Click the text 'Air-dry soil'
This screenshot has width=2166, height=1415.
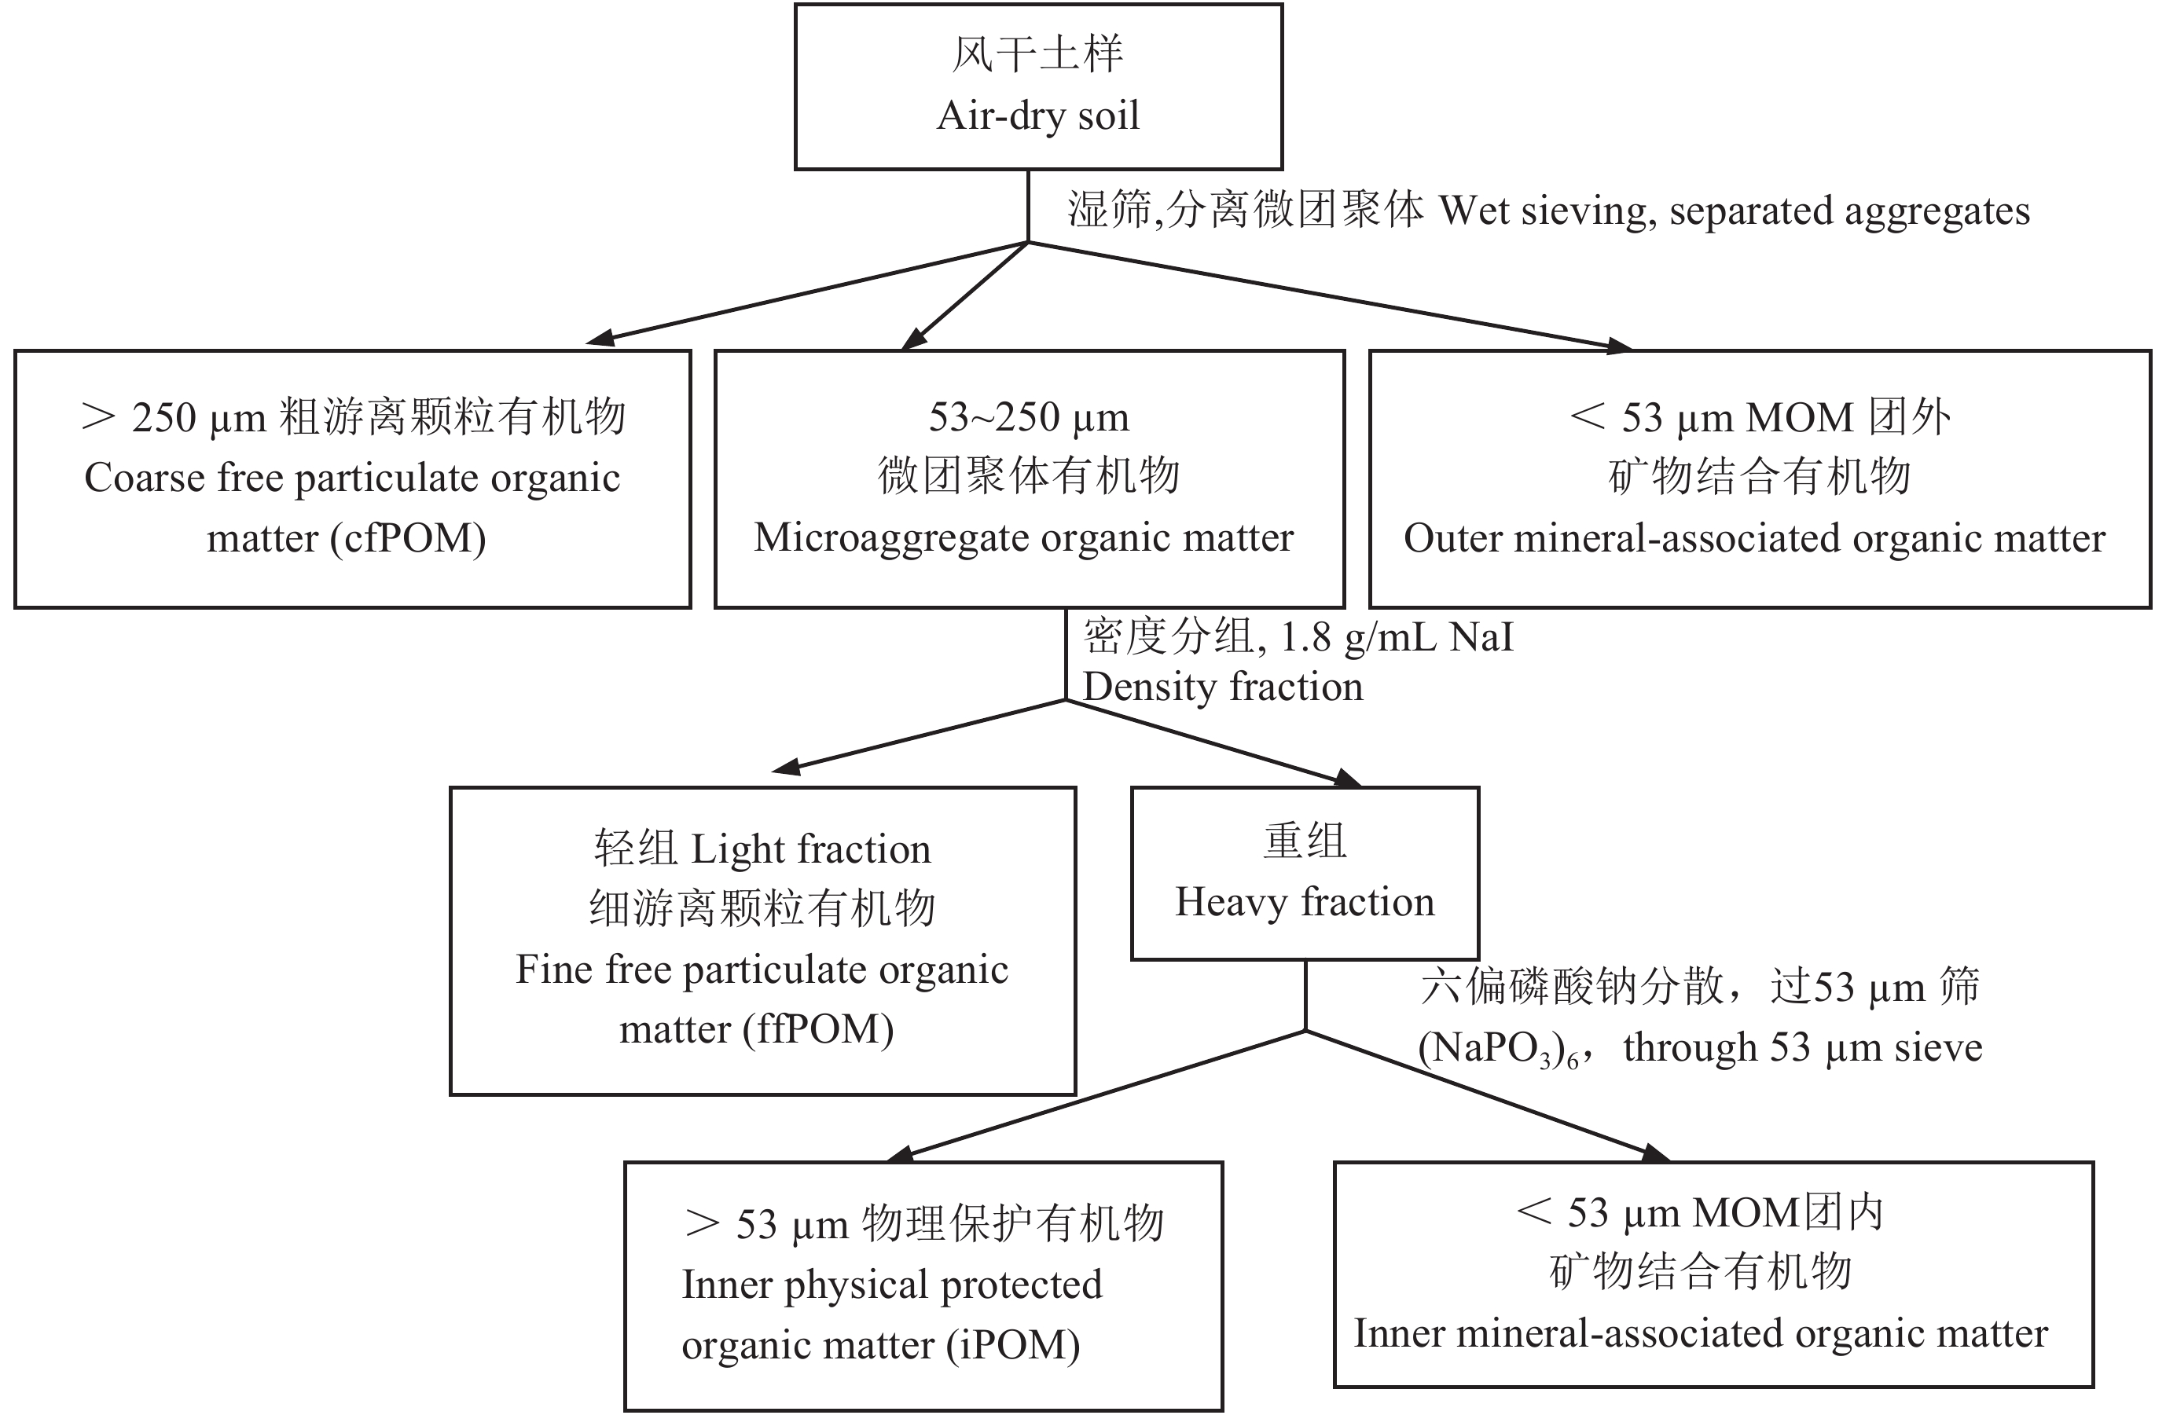click(1037, 116)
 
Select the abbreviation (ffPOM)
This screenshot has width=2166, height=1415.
click(818, 1030)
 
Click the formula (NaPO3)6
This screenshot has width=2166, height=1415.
click(1497, 1049)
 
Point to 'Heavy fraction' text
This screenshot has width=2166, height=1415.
click(1304, 903)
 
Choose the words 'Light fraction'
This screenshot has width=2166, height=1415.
click(811, 850)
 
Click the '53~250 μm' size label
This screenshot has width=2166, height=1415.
click(1029, 419)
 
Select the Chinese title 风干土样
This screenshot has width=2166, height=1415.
click(1037, 54)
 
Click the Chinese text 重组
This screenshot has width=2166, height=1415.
click(1304, 841)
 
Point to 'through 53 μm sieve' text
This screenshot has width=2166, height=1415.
click(1802, 1048)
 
